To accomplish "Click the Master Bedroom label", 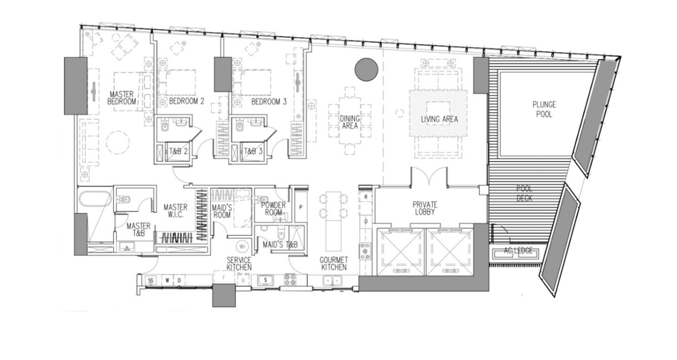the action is point(121,98).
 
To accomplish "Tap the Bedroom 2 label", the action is point(187,101).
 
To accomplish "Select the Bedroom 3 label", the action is point(269,102).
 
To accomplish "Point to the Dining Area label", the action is point(350,122).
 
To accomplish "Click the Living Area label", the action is point(440,119).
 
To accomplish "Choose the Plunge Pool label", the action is point(544,110).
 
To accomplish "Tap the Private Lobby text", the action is point(425,208).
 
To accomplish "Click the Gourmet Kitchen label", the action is point(334,263).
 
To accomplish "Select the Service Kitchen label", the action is point(239,263).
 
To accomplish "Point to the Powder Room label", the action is point(274,208).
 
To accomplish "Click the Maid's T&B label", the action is point(280,245).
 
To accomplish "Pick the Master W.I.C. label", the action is point(175,210).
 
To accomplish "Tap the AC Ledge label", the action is point(518,251).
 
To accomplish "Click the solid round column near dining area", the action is point(366,69).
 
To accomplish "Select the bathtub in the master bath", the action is point(95,200).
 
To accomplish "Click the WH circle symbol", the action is point(242,247).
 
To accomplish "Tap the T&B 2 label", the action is point(178,152).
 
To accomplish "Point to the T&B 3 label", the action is point(253,152).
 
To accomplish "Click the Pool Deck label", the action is point(524,193).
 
